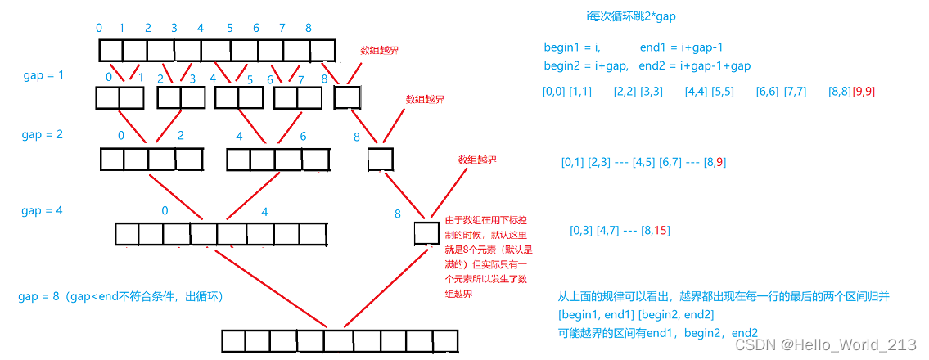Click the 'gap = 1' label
click(43, 75)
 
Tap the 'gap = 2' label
click(43, 134)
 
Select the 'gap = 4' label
click(43, 211)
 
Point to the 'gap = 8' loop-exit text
click(120, 296)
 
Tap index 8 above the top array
click(309, 28)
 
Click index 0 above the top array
click(99, 28)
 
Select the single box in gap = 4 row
click(427, 234)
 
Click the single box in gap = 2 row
click(381, 158)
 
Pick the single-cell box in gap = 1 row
click(347, 98)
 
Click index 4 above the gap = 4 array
click(264, 211)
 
